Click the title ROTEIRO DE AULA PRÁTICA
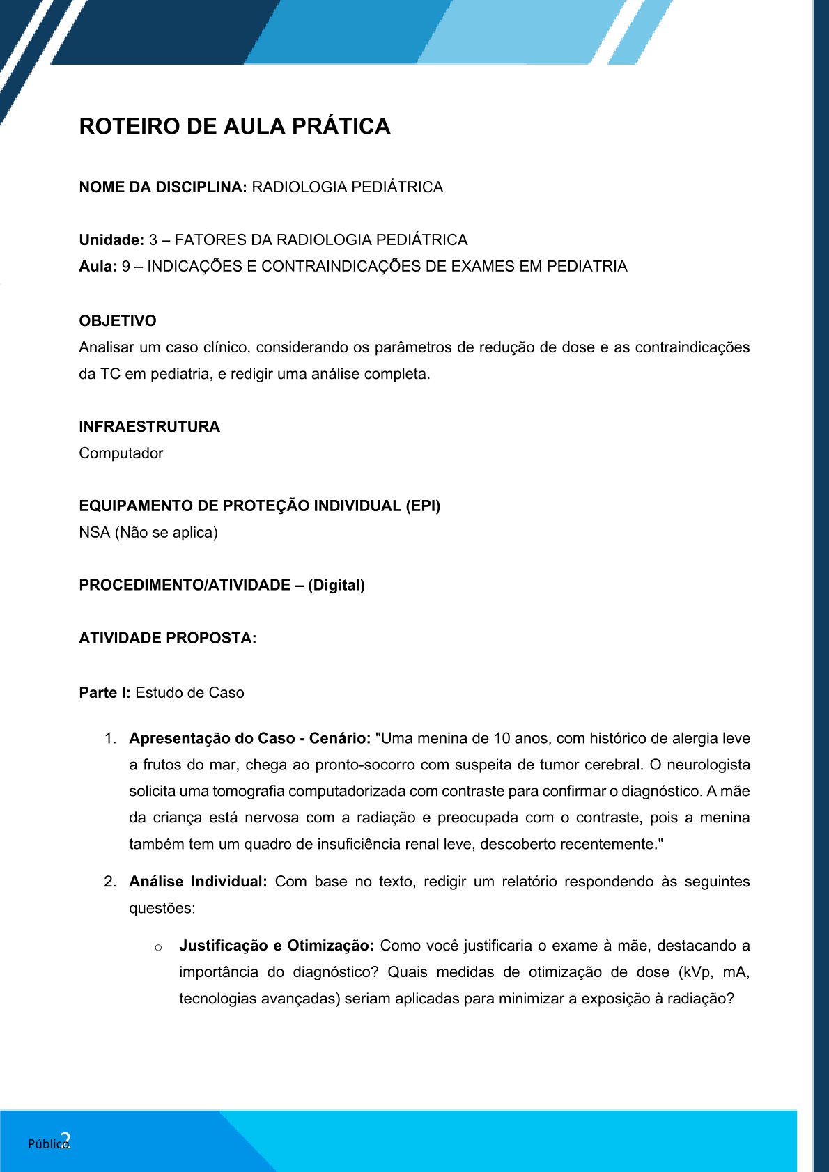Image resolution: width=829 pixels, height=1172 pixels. [235, 126]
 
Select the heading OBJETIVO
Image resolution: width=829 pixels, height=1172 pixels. [118, 321]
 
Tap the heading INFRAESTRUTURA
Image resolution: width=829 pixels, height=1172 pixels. [149, 427]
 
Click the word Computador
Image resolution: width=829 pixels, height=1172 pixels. [121, 453]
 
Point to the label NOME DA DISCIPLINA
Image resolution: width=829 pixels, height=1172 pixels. [162, 187]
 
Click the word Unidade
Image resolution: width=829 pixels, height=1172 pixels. [111, 240]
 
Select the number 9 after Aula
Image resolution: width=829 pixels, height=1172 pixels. [126, 267]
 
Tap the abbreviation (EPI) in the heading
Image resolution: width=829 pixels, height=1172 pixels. [423, 506]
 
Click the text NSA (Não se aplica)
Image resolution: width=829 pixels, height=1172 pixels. [148, 533]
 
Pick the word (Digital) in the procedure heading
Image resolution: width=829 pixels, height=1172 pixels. [336, 585]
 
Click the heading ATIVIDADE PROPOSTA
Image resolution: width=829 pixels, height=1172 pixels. [167, 639]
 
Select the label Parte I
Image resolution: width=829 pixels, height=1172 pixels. [104, 693]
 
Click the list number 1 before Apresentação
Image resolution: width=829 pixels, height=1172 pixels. [109, 739]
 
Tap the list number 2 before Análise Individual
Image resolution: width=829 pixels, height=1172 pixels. [109, 882]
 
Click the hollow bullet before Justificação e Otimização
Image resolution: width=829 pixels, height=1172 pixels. [159, 947]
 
